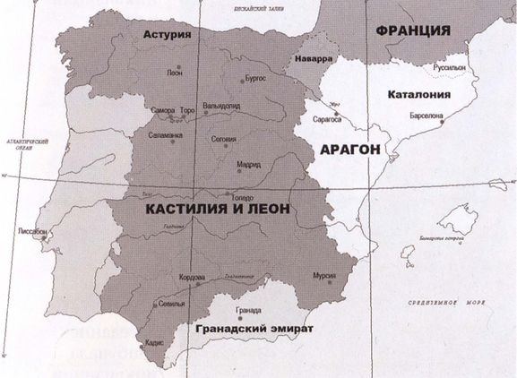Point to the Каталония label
[418, 95]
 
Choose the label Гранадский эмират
[254, 329]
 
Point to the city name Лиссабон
[33, 231]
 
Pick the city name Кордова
[194, 277]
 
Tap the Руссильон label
[450, 67]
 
